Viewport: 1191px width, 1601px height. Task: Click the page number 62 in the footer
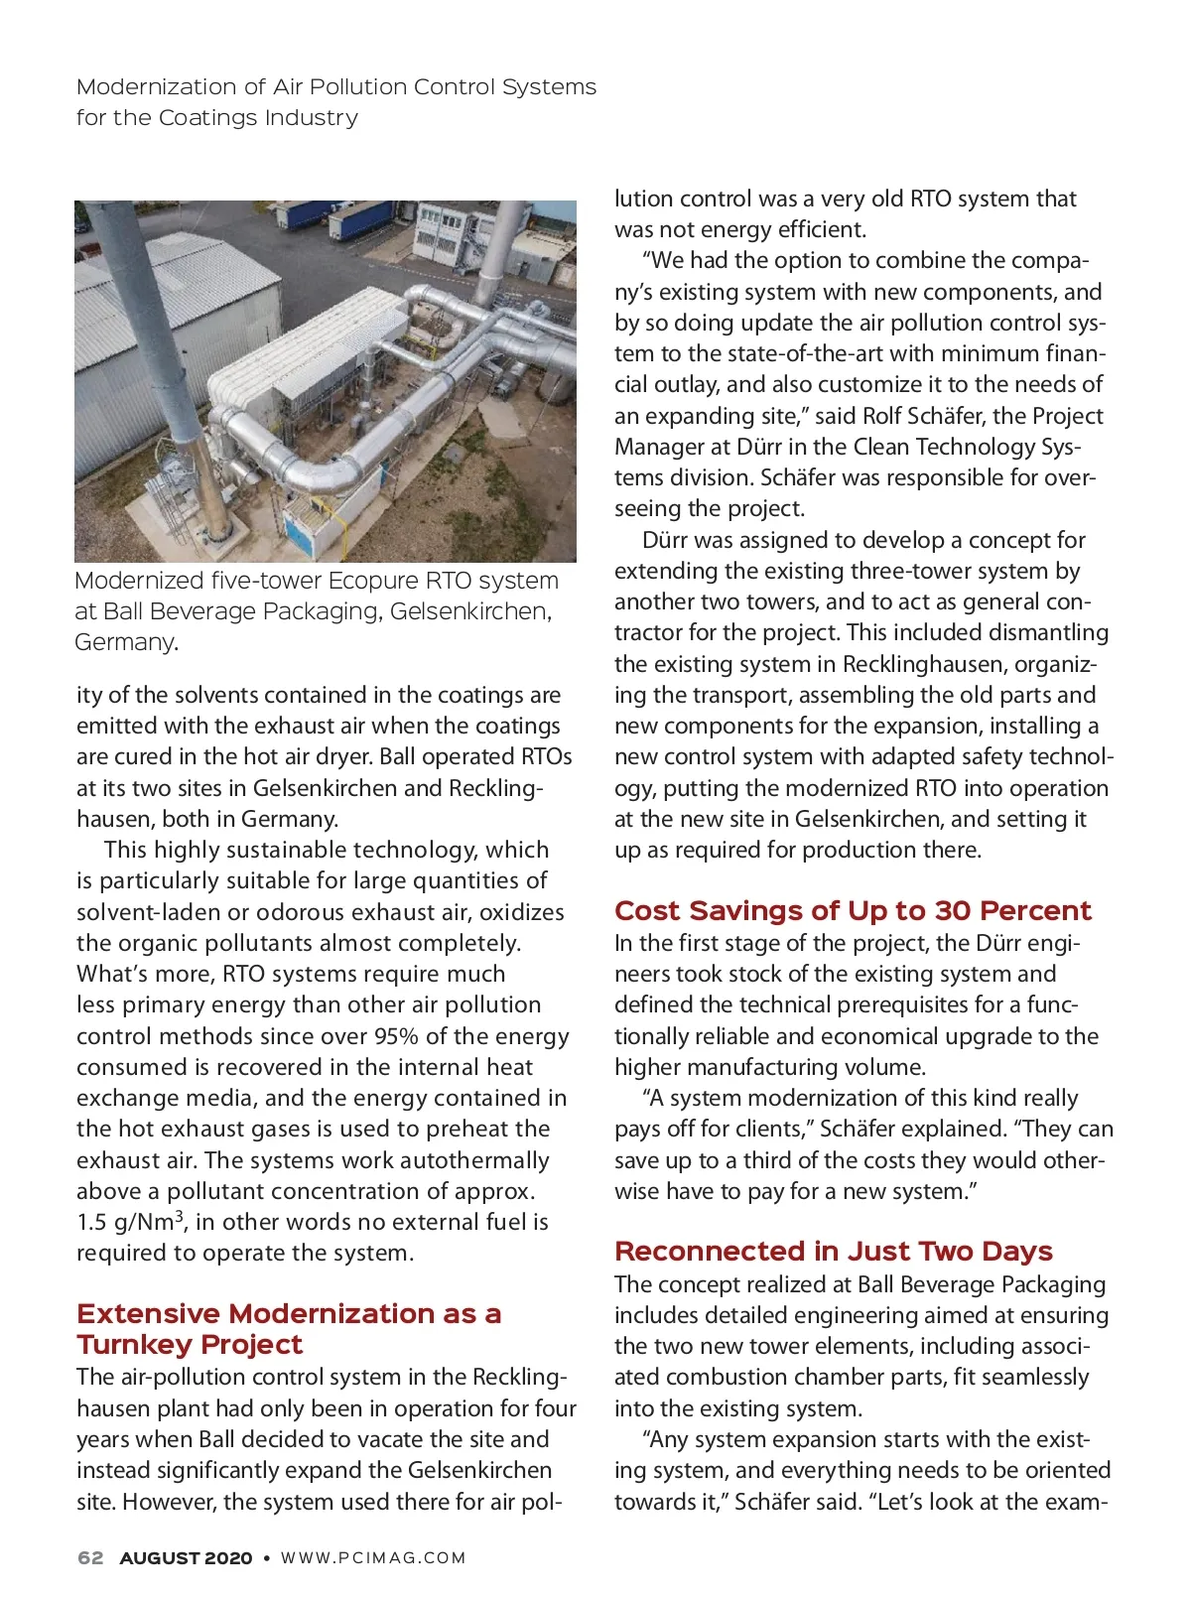[90, 1557]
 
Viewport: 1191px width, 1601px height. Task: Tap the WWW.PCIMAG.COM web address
[373, 1557]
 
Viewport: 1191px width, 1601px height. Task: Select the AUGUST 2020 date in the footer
[186, 1557]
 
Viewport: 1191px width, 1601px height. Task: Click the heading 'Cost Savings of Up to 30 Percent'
[853, 910]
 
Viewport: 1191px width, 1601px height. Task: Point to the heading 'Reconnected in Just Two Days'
[833, 1251]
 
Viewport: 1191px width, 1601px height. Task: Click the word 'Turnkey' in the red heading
[130, 1344]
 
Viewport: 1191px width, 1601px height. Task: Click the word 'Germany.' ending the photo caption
[126, 642]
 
